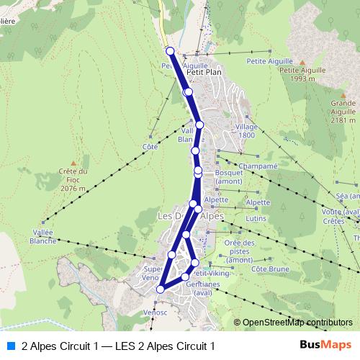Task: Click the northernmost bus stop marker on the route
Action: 170,50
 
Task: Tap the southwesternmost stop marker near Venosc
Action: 160,289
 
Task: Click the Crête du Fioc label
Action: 73,180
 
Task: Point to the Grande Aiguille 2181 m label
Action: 343,112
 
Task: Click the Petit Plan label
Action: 204,72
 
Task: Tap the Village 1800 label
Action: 246,130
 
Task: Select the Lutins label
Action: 256,217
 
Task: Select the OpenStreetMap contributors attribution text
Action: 297,323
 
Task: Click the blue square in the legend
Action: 10,346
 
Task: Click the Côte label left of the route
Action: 150,146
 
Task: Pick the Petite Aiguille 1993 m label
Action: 300,74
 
